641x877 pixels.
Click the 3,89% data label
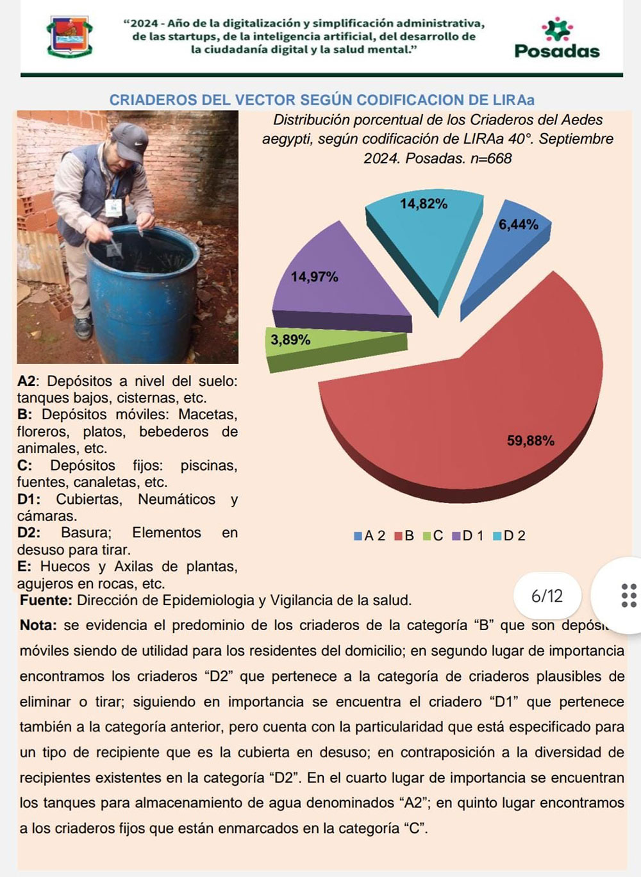290,340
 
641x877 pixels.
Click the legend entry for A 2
370,536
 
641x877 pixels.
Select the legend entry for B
404,536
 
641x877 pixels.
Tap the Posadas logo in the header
556,40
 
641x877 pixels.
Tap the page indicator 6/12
547,596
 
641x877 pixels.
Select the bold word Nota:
38,625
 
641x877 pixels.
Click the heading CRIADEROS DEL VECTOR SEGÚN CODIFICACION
321,100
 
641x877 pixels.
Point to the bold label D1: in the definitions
29,499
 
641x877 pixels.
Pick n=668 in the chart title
491,158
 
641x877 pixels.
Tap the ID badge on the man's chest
113,207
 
